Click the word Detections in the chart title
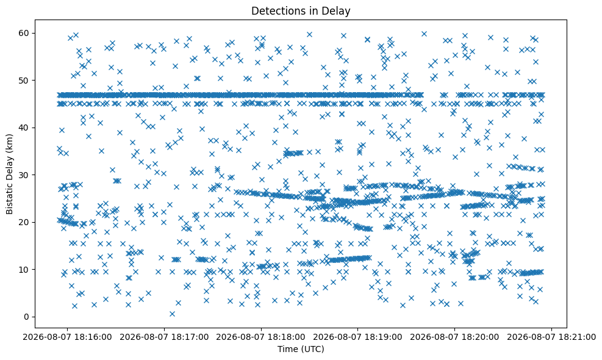[x=274, y=11]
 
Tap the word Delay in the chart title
[x=339, y=12]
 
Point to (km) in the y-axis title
[x=9, y=142]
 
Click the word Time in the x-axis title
[x=285, y=349]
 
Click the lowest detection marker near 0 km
[x=172, y=314]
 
